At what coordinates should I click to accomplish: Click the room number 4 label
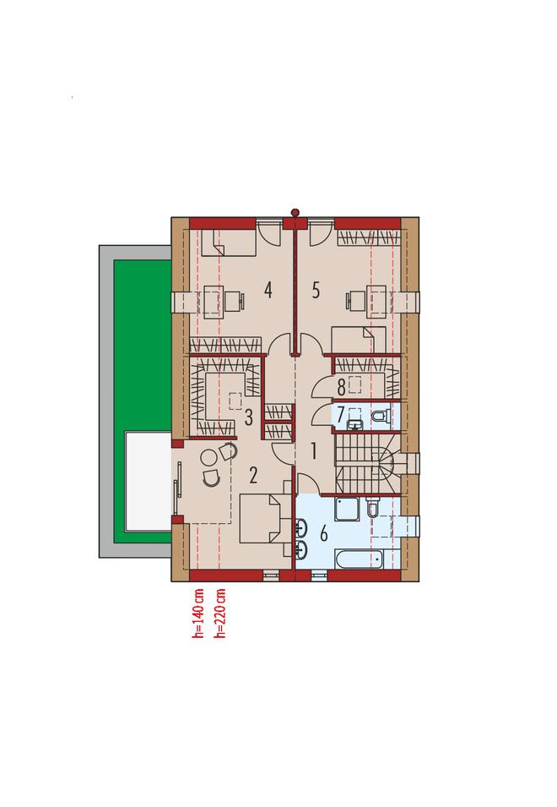268,291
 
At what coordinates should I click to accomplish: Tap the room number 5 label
316,291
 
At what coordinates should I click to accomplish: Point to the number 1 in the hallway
313,451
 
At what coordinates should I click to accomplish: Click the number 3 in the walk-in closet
249,417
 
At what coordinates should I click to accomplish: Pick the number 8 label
341,387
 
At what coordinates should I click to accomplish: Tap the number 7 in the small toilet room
341,415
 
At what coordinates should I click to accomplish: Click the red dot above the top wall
295,212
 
